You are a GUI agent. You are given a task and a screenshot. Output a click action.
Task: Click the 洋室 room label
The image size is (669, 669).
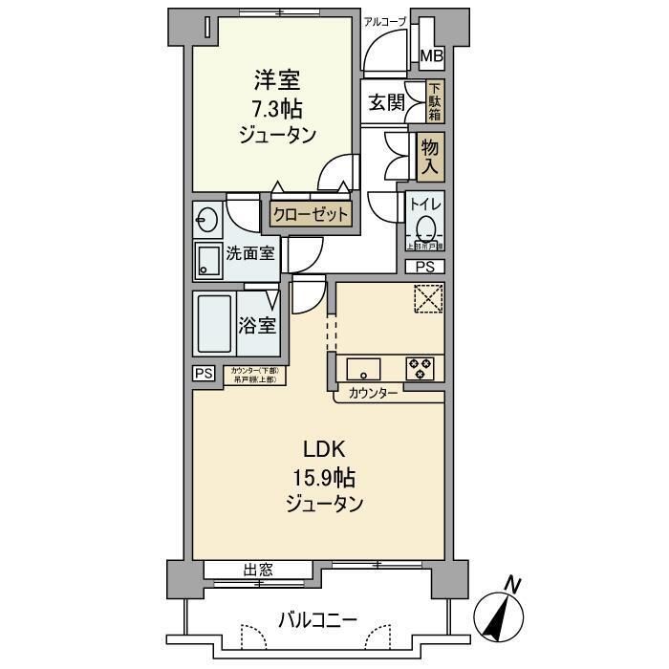(x=277, y=79)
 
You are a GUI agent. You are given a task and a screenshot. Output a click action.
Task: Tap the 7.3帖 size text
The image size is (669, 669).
(x=277, y=107)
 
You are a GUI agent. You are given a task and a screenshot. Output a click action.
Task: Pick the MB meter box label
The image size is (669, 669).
(x=433, y=56)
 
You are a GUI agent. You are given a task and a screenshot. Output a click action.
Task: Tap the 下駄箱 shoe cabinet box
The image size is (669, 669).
(x=433, y=102)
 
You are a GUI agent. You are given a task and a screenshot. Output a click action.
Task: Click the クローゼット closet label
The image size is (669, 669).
(x=311, y=215)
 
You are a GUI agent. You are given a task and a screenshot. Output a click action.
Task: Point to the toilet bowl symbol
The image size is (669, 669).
(x=427, y=228)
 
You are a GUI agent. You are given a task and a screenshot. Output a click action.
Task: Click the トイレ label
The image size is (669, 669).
(x=424, y=203)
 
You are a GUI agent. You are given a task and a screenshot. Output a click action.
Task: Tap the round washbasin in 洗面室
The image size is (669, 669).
(x=206, y=221)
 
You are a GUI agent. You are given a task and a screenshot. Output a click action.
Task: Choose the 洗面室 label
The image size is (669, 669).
(x=250, y=253)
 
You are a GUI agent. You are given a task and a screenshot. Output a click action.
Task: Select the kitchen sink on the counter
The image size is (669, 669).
(x=364, y=369)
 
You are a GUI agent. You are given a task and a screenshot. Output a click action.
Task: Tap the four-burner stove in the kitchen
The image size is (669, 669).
(x=420, y=369)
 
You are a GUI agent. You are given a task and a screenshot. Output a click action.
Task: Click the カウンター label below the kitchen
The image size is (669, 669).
(x=374, y=394)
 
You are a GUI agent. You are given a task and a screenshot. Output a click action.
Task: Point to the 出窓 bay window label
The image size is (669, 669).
(x=258, y=571)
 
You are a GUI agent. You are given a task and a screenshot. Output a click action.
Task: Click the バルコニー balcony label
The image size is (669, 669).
(x=318, y=620)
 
